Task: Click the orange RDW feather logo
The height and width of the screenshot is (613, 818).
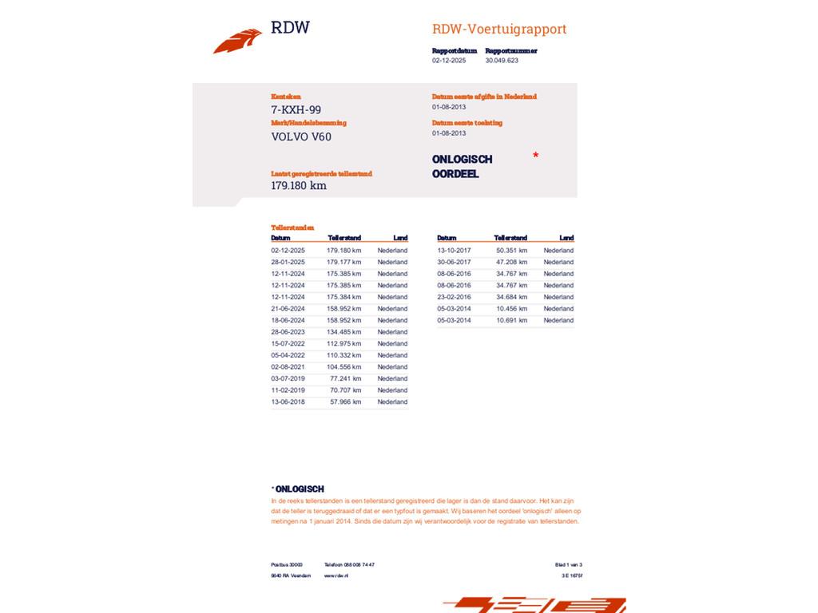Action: pyautogui.click(x=237, y=41)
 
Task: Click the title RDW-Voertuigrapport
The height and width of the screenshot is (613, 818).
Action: pyautogui.click(x=499, y=30)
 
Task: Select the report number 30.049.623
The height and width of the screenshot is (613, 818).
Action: pyautogui.click(x=502, y=61)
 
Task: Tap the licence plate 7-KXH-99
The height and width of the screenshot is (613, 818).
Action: pyautogui.click(x=296, y=110)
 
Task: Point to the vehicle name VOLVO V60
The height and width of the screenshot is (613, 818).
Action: pyautogui.click(x=301, y=136)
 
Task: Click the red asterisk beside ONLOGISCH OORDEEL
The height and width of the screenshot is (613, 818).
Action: pyautogui.click(x=535, y=156)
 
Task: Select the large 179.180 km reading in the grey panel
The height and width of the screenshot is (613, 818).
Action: pyautogui.click(x=299, y=186)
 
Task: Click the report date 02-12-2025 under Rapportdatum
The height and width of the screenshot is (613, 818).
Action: pyautogui.click(x=449, y=61)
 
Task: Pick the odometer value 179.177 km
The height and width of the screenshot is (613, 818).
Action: pyautogui.click(x=343, y=262)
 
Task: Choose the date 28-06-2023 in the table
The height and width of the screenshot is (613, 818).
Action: pyautogui.click(x=288, y=332)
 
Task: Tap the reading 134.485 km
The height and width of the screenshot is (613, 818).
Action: pyautogui.click(x=343, y=332)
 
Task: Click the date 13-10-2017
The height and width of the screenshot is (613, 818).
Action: pyautogui.click(x=454, y=251)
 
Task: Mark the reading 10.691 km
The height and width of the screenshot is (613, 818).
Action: pyautogui.click(x=511, y=321)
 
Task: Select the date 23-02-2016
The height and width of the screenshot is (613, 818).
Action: pyautogui.click(x=454, y=297)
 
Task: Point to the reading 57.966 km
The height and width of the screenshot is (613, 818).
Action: pyautogui.click(x=345, y=402)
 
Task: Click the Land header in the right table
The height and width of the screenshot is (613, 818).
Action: pyautogui.click(x=566, y=238)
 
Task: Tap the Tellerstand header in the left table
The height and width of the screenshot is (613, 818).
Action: pyautogui.click(x=344, y=238)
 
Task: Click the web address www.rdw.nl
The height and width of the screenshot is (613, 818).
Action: pyautogui.click(x=336, y=575)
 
